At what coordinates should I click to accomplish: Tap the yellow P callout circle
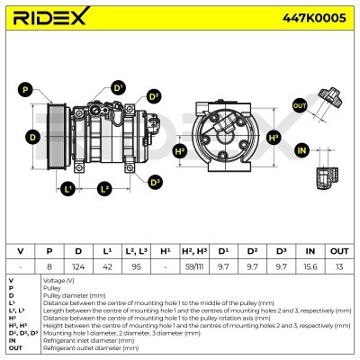25,89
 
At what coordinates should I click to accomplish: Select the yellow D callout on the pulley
31,137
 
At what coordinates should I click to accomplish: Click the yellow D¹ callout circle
118,87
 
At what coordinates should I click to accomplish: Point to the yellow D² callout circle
154,96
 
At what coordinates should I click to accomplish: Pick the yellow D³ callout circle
154,181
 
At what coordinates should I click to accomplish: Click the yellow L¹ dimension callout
68,188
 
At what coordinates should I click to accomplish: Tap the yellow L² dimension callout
104,188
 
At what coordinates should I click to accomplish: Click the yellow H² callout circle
180,151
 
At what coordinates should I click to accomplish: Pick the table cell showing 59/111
193,266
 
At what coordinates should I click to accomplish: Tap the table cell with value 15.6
309,266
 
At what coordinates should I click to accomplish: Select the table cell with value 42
107,266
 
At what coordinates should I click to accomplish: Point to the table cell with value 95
135,266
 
